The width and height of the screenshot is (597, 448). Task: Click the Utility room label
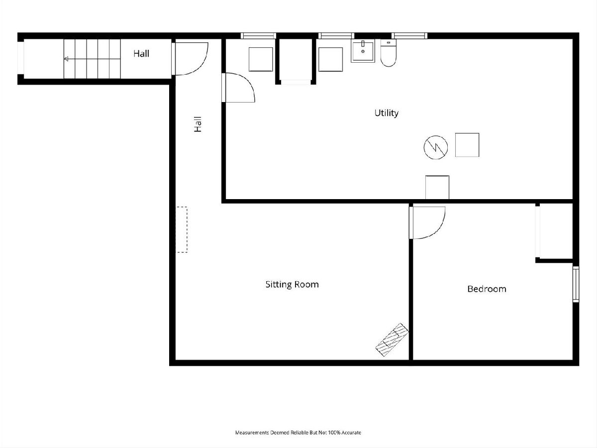coord(386,113)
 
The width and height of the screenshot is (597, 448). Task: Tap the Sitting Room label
coord(292,284)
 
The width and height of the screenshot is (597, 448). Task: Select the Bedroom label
coord(487,289)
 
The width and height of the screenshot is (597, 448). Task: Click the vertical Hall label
coord(198,124)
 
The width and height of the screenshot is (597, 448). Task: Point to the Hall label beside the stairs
coord(141,53)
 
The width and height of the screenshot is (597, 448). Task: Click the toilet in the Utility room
coord(388,53)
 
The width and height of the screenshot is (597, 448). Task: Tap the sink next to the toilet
coord(363,51)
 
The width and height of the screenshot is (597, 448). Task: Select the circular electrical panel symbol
coord(436,147)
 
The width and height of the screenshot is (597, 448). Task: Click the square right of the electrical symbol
coord(467,145)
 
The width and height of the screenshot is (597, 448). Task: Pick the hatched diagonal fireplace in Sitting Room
coord(392,339)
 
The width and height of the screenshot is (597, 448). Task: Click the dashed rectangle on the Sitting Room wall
coord(182,229)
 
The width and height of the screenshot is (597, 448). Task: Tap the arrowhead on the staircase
coord(66,59)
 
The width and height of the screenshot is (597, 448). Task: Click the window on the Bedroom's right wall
coord(576,284)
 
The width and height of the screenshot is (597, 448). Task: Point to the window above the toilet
coord(409,36)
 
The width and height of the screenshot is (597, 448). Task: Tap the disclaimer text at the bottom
coord(298,432)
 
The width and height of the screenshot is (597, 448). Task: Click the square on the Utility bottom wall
coord(437,188)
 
